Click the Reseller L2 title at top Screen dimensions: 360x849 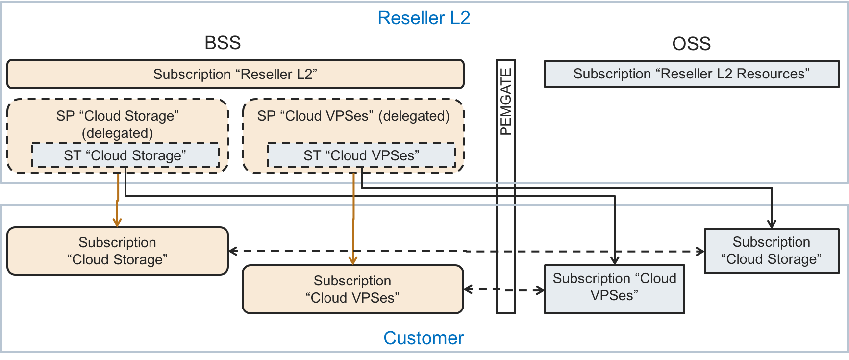click(424, 18)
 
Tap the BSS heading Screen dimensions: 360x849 click(223, 43)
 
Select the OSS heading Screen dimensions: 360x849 click(691, 44)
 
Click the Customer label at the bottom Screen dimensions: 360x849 click(424, 338)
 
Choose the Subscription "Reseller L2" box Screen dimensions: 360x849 click(235, 74)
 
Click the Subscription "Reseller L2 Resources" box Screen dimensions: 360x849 click(691, 74)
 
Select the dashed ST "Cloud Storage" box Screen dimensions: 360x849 click(125, 155)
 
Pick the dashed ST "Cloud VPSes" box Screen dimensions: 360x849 click(361, 155)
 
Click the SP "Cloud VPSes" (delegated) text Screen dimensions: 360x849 click(353, 116)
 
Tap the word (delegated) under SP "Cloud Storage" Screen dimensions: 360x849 click(118, 133)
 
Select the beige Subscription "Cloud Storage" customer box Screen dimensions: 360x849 click(118, 251)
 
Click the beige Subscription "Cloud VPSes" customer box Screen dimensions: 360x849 click(352, 289)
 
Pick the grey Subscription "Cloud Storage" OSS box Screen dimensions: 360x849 click(771, 251)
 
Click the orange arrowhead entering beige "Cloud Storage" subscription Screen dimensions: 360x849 click(117, 222)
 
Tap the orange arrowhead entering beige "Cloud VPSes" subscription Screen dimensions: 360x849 click(353, 260)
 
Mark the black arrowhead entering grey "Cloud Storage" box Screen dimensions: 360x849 click(772, 224)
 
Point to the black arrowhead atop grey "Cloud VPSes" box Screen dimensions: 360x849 click(615, 260)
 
